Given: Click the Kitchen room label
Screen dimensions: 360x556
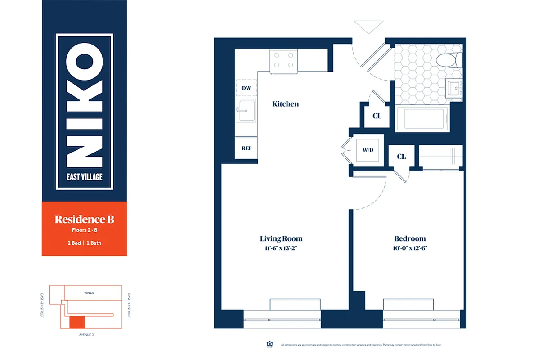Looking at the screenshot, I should point(285,104).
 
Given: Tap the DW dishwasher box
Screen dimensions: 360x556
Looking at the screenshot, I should point(247,88).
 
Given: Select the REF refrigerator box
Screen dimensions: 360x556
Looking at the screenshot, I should point(247,148).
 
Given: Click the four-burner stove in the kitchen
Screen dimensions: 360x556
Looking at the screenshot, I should point(284,61).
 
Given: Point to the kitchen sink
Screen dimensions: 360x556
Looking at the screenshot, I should point(247,111).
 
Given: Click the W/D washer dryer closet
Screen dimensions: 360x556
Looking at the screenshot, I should point(368,149).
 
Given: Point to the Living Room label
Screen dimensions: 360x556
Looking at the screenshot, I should point(281,238).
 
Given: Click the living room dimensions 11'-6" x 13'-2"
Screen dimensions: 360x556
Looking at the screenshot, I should point(281,248).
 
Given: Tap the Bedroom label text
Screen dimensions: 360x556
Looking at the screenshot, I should point(410,238).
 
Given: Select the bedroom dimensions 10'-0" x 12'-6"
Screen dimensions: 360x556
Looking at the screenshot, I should point(410,248).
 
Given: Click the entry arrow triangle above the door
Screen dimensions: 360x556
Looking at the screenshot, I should point(368,27).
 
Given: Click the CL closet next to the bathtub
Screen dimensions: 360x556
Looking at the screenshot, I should point(377,116).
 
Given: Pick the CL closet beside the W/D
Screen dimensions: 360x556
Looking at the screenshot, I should point(401,157).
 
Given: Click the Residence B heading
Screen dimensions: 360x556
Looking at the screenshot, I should point(84,220).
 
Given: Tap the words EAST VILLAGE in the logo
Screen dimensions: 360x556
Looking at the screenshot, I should point(85,176).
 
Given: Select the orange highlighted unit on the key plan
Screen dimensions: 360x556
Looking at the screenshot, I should point(76,322).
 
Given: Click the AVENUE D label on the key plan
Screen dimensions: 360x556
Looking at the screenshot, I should point(85,335).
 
